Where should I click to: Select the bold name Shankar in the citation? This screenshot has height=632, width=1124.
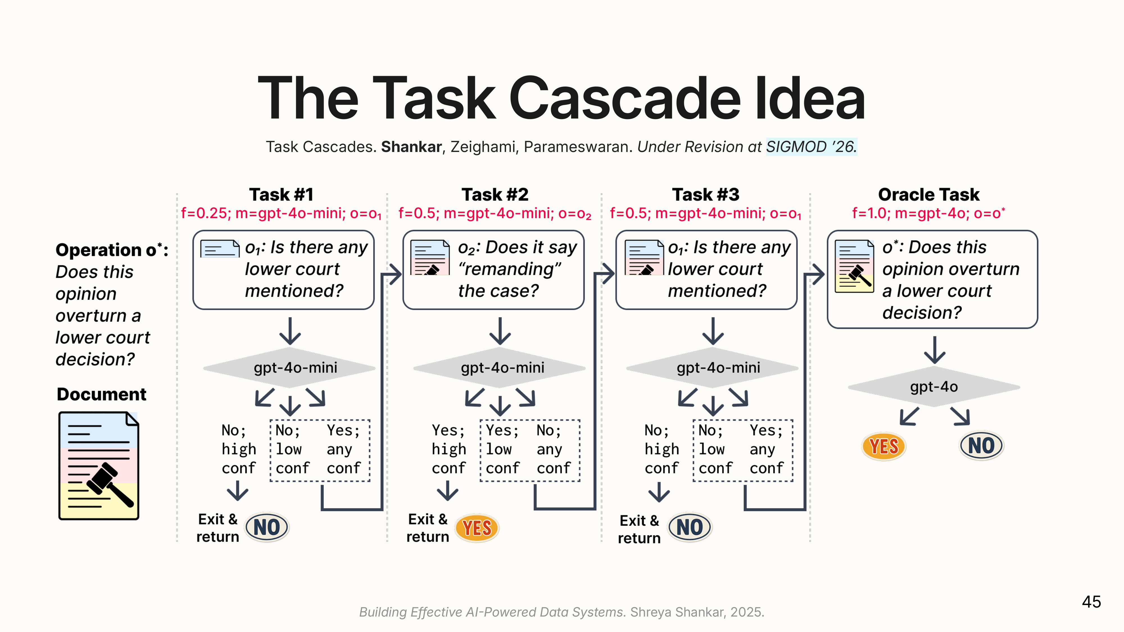pyautogui.click(x=411, y=147)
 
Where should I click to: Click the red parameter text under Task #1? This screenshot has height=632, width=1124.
pyautogui.click(x=281, y=213)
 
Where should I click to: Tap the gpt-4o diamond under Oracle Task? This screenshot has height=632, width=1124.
pyautogui.click(x=934, y=387)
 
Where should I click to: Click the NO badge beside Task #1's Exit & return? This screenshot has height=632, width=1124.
pyautogui.click(x=267, y=527)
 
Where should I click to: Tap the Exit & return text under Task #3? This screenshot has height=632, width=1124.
pyautogui.click(x=639, y=529)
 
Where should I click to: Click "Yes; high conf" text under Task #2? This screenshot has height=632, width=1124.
pyautogui.click(x=448, y=449)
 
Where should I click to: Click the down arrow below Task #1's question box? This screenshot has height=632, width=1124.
pyautogui.click(x=290, y=331)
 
